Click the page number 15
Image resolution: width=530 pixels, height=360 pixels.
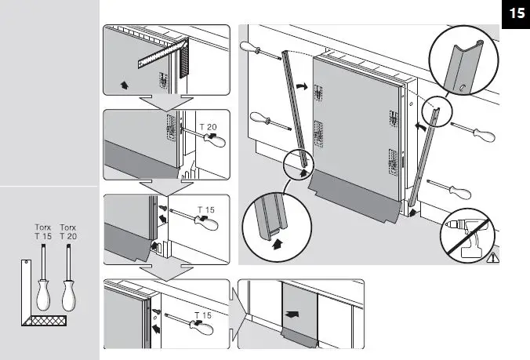516,13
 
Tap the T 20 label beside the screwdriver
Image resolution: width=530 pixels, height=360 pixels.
208,126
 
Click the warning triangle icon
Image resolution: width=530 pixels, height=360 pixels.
492,256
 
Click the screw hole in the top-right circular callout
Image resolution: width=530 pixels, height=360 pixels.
464,86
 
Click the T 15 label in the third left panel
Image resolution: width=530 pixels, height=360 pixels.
204,209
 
